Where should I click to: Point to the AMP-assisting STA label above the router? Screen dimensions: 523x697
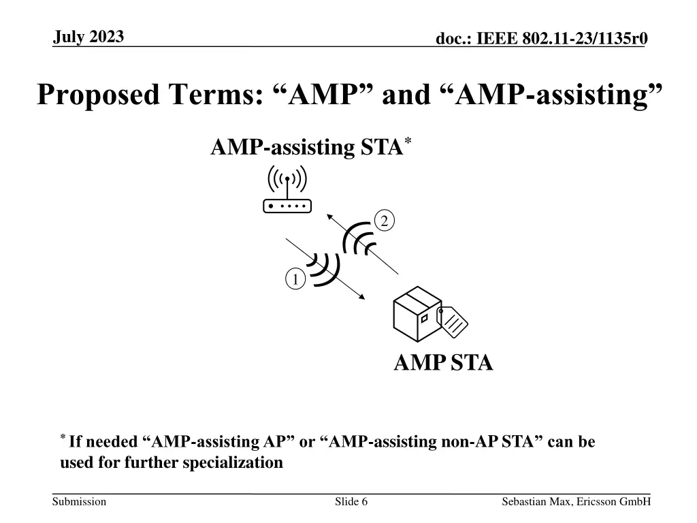[306, 147]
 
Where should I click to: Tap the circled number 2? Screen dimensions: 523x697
[384, 221]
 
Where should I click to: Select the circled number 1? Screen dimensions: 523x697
[294, 280]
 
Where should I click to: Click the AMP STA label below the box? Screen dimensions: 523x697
[443, 363]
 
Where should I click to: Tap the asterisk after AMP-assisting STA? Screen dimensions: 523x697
[408, 141]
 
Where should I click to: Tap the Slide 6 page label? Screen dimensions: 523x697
[351, 502]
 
